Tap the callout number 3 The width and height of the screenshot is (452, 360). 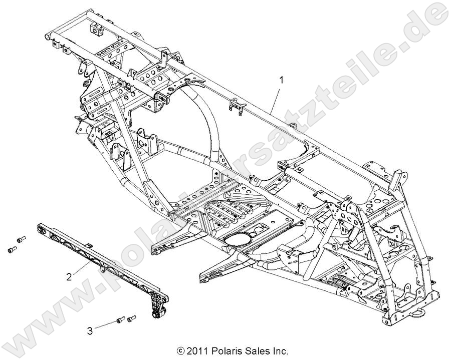[x=89, y=330]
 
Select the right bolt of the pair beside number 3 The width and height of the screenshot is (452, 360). [x=132, y=318]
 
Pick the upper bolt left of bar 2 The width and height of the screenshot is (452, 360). [x=21, y=239]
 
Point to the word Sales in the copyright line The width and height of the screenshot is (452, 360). [x=256, y=351]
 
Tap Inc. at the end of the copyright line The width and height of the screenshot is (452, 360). [x=280, y=351]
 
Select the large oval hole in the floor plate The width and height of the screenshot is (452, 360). [x=242, y=239]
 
